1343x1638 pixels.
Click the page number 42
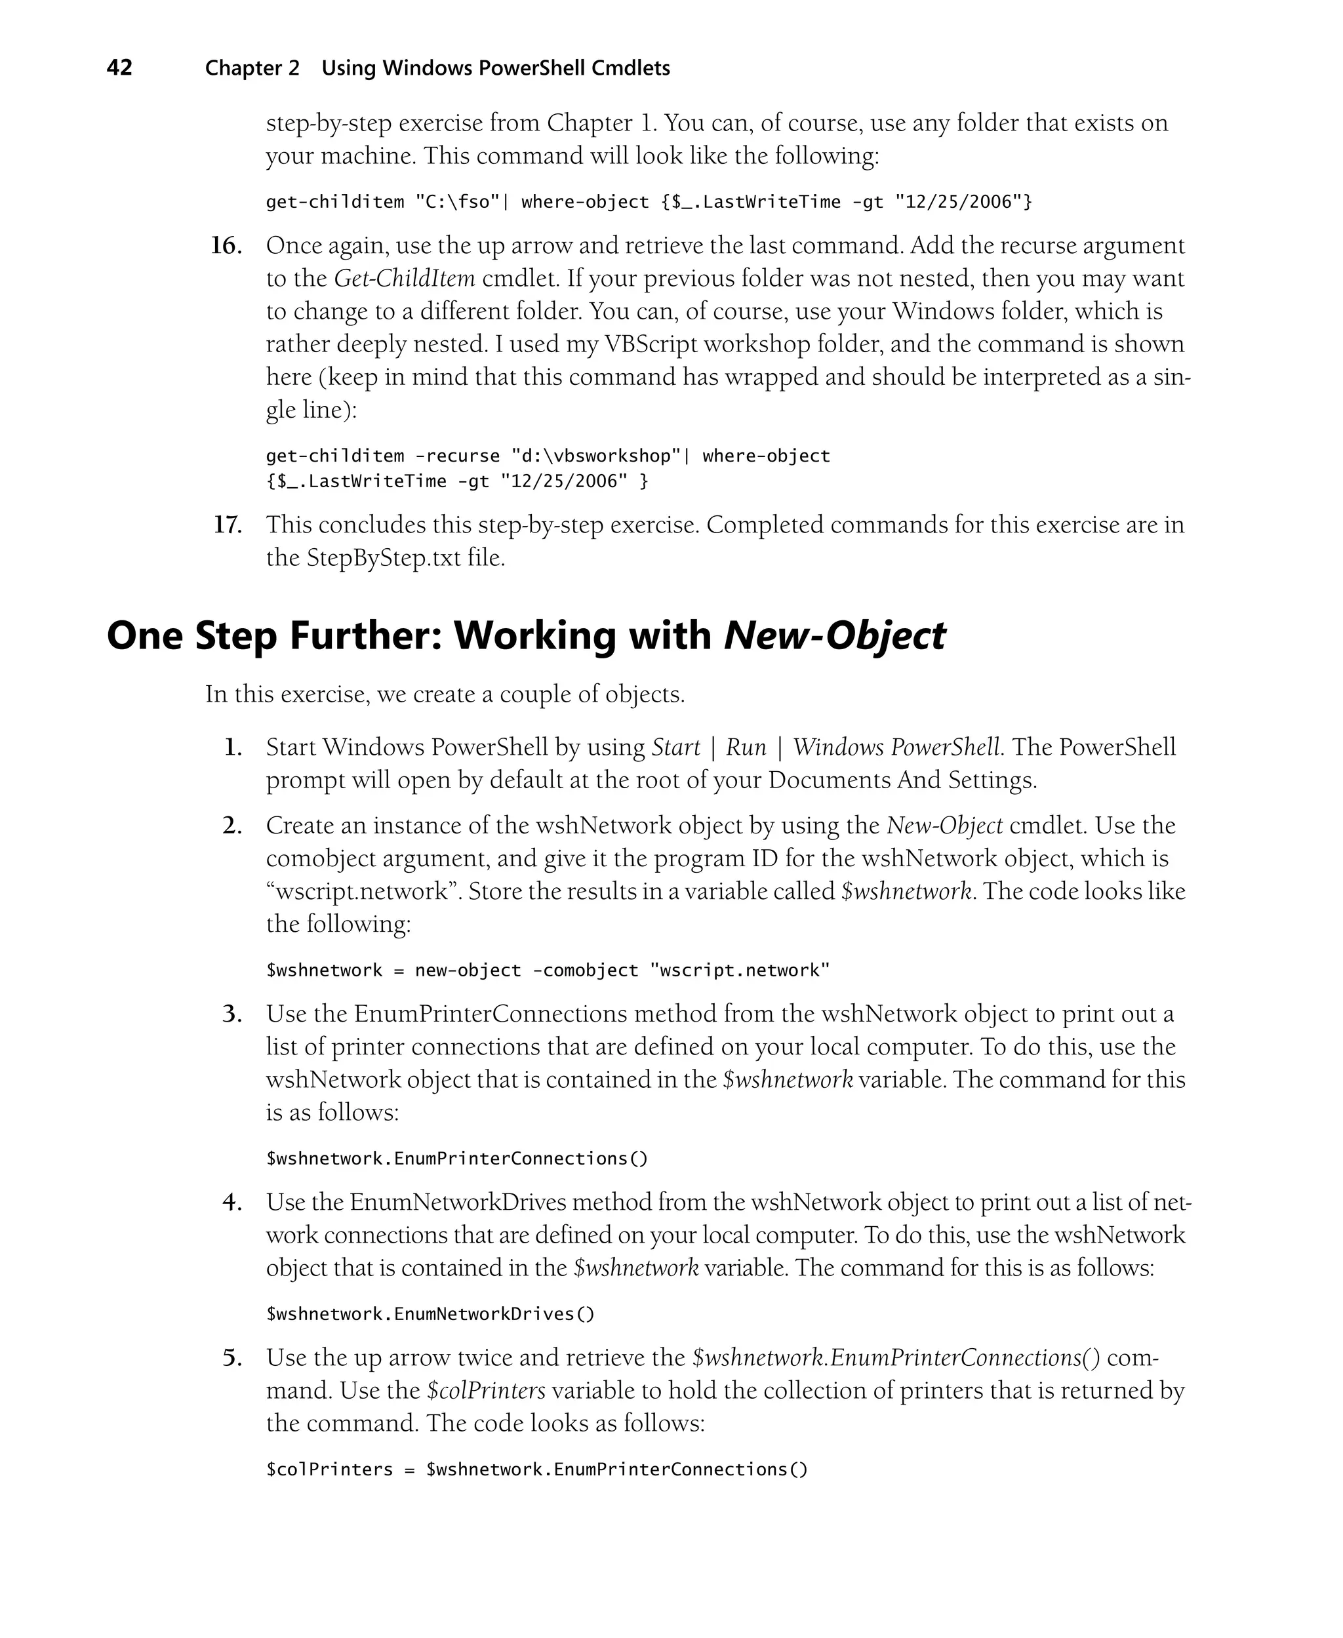(119, 68)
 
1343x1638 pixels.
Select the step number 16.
(226, 246)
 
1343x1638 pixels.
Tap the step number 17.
(228, 525)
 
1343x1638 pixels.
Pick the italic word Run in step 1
(746, 747)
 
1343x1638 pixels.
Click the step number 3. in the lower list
(232, 1014)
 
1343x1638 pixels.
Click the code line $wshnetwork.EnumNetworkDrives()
(430, 1314)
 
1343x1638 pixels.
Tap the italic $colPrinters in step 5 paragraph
(486, 1391)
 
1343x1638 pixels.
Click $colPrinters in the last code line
(330, 1469)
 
